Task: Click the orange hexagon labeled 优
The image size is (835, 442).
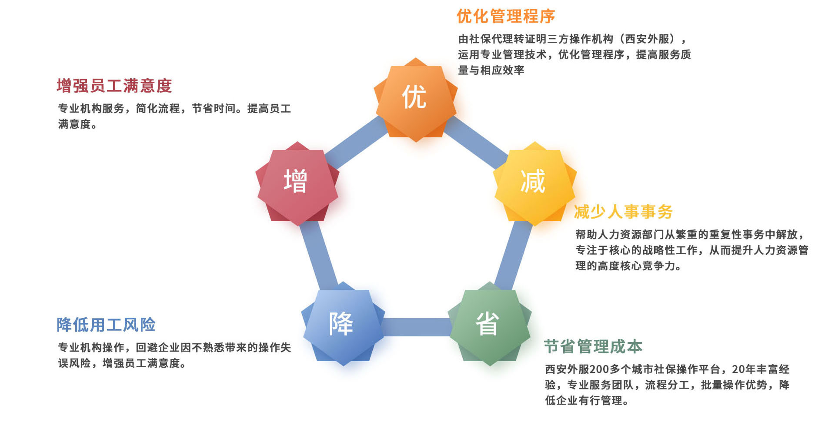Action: click(x=415, y=100)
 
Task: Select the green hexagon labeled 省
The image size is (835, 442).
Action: click(x=490, y=324)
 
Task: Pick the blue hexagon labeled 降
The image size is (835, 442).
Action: click(x=343, y=324)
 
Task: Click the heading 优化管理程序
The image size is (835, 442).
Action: click(x=506, y=17)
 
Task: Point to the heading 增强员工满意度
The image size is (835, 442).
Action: click(x=114, y=86)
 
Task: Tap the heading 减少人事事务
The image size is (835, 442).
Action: click(x=623, y=212)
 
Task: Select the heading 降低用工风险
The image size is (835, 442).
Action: click(x=106, y=325)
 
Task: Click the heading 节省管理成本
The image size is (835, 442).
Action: click(x=593, y=346)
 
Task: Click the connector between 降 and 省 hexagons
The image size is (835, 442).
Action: click(x=416, y=327)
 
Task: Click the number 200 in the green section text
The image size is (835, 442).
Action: click(x=600, y=369)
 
